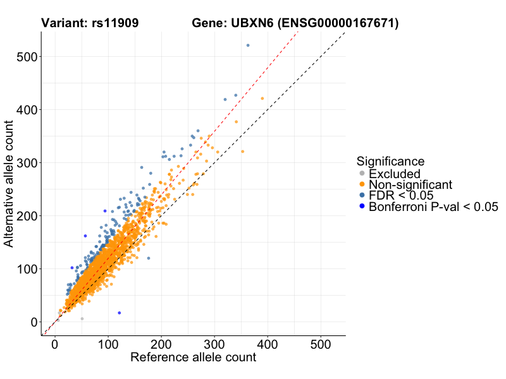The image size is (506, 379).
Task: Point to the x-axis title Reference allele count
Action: click(x=193, y=358)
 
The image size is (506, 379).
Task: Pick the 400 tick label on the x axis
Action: click(x=268, y=344)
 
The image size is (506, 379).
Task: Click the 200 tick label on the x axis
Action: click(x=161, y=344)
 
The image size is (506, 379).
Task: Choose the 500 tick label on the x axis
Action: click(x=321, y=344)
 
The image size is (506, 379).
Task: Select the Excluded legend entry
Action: click(x=394, y=174)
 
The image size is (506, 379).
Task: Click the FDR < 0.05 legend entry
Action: click(x=400, y=195)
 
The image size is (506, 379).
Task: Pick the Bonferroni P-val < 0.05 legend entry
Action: click(x=433, y=206)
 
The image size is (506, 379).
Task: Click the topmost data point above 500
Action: click(x=248, y=45)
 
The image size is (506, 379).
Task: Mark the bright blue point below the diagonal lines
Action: click(x=119, y=313)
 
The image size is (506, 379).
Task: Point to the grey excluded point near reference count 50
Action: click(x=82, y=319)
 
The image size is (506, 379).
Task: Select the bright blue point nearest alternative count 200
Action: click(x=105, y=211)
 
